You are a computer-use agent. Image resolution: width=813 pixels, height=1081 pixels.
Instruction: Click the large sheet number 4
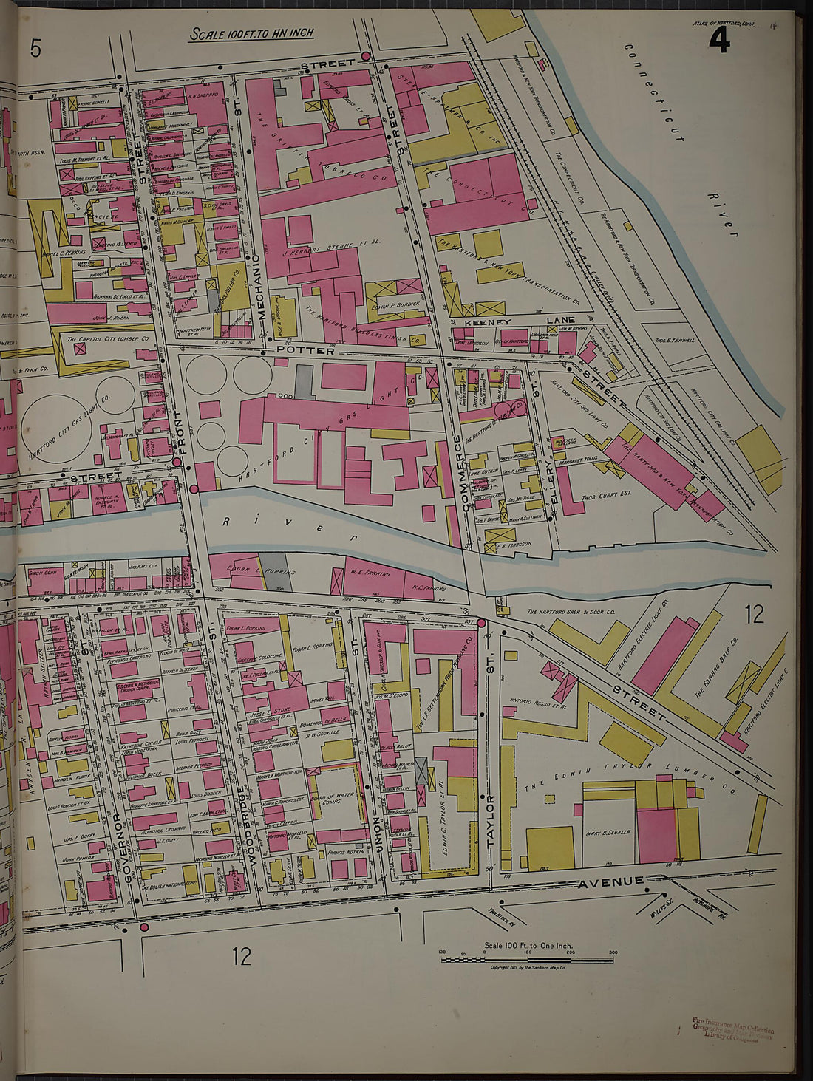(x=718, y=41)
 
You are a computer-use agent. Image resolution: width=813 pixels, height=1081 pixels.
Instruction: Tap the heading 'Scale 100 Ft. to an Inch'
(x=252, y=34)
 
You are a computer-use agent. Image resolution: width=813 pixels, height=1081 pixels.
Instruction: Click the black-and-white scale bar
(x=528, y=959)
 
